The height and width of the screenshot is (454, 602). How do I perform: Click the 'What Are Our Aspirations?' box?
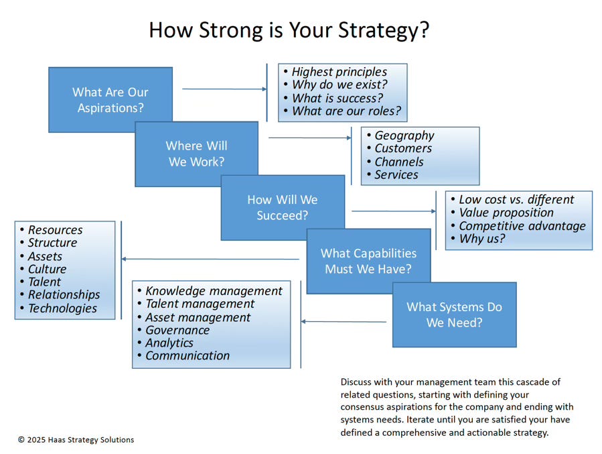click(x=110, y=99)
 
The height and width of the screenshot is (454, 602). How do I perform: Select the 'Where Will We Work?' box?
click(x=196, y=154)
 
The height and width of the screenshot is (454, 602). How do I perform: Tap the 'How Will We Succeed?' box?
click(x=283, y=207)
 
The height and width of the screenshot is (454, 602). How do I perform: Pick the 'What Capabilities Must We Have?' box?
click(x=368, y=261)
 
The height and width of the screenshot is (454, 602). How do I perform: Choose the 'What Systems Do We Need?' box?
click(x=454, y=315)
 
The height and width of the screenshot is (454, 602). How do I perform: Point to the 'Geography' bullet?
click(x=404, y=135)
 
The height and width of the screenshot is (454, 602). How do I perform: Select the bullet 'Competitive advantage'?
click(x=522, y=226)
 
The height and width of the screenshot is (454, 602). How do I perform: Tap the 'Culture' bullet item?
click(x=47, y=269)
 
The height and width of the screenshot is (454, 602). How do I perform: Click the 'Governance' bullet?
click(x=177, y=330)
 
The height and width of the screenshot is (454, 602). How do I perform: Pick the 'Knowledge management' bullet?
click(x=214, y=291)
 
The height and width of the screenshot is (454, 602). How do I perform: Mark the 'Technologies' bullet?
click(x=62, y=308)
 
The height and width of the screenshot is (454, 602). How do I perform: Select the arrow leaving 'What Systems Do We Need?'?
click(x=344, y=322)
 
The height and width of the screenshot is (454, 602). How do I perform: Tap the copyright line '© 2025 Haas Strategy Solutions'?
click(x=76, y=440)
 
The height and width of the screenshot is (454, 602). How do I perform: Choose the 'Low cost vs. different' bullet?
click(x=516, y=200)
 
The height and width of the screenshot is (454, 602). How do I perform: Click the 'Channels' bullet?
click(x=398, y=162)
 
